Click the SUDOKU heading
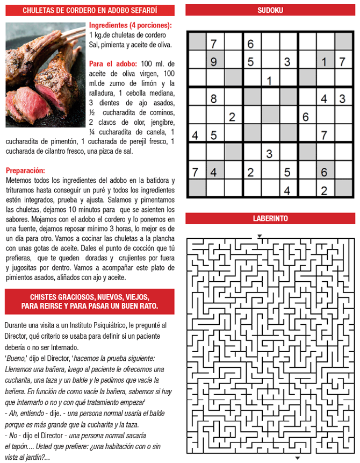(270, 10)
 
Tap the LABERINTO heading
(270, 218)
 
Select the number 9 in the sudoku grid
(214, 62)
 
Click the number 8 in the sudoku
(214, 98)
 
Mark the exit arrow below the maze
(297, 457)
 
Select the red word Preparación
(25, 170)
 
